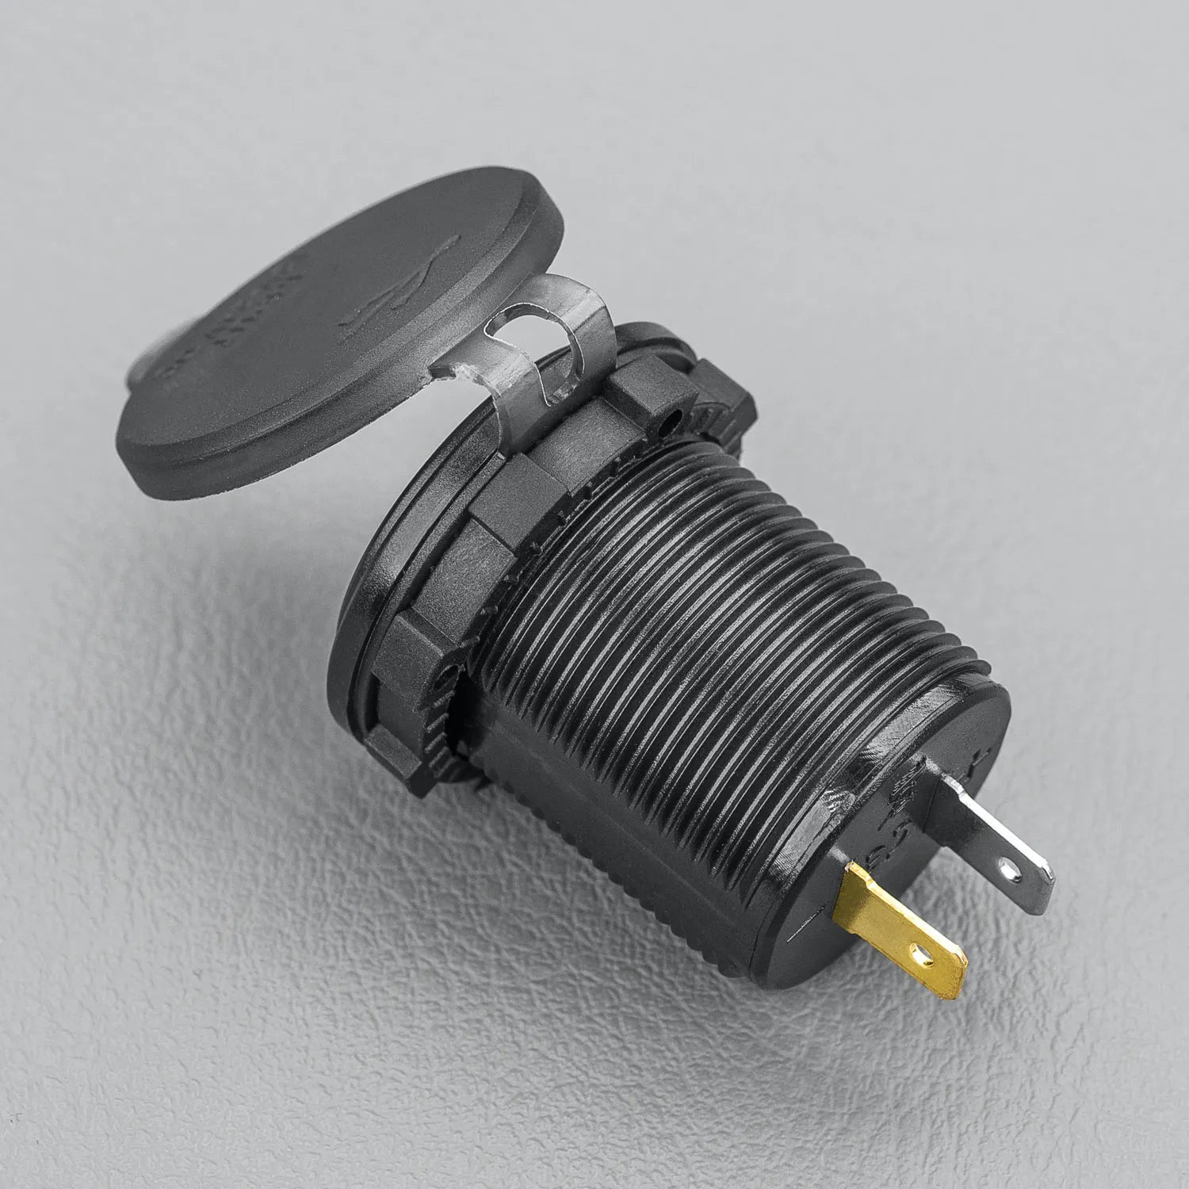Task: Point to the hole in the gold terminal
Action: coord(920,948)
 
